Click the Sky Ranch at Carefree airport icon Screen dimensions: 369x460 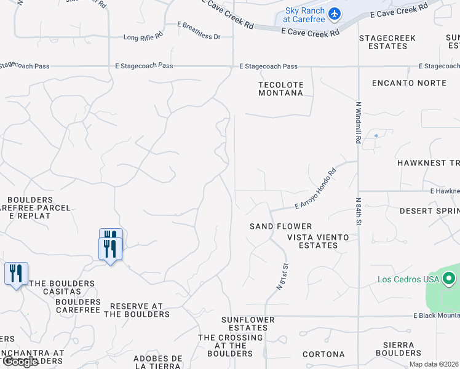[x=335, y=13]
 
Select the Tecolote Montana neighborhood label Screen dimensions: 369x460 [x=280, y=89]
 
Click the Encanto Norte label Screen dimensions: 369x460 [x=409, y=82]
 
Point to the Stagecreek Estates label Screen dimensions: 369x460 [x=387, y=42]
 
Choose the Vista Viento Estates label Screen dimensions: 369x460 [x=318, y=241]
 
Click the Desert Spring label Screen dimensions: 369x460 [x=429, y=210]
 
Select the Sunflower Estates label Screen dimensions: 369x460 [x=245, y=323]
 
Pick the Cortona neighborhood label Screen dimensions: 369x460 [x=323, y=354]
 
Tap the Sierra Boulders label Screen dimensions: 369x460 [x=399, y=349]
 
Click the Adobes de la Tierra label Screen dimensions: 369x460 [x=159, y=362]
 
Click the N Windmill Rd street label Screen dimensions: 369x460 [x=357, y=122]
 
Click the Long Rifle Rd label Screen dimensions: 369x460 [x=143, y=38]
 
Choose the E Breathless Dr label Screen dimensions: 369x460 [x=199, y=37]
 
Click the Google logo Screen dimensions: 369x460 [x=20, y=362]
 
